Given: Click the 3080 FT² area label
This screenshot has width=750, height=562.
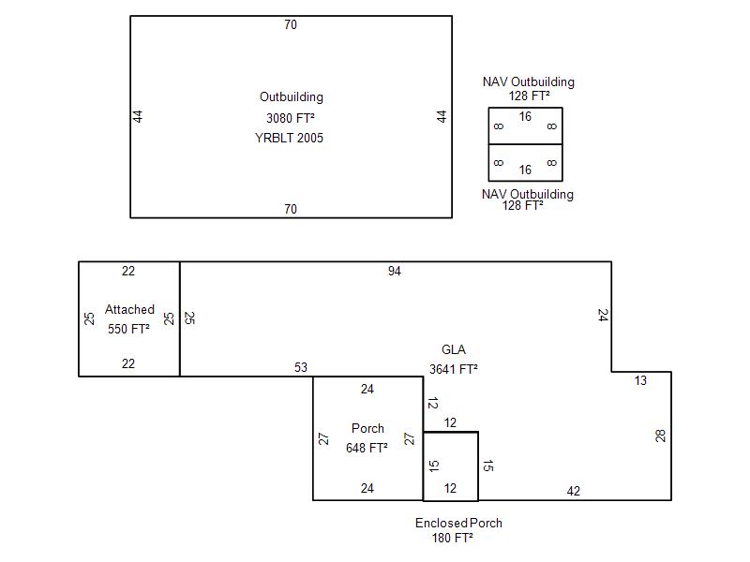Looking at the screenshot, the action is click(x=291, y=118).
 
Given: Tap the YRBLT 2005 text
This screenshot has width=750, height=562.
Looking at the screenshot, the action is click(x=289, y=138).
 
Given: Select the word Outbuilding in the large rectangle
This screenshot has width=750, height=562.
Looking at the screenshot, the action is click(x=292, y=97).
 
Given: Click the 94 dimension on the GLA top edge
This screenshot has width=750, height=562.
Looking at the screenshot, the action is click(x=394, y=272).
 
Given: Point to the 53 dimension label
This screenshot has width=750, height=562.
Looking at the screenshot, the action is click(x=301, y=367).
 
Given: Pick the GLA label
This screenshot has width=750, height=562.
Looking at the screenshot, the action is click(x=454, y=349).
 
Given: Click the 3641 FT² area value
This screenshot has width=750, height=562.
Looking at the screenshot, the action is click(x=454, y=369).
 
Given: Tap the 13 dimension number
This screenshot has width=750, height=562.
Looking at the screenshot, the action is click(x=640, y=381).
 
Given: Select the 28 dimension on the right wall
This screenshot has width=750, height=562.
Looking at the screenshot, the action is click(x=661, y=436).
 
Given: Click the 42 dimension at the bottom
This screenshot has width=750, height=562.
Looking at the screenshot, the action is click(x=574, y=491).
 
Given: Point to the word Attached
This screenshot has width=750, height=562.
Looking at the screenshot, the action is click(x=129, y=310).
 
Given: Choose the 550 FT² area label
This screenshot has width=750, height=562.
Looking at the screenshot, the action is click(x=128, y=329).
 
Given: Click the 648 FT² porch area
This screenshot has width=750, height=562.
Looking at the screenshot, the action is click(x=367, y=448).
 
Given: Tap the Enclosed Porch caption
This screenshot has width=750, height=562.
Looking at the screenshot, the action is click(x=458, y=524).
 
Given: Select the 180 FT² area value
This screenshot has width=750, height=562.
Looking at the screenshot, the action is click(x=453, y=538).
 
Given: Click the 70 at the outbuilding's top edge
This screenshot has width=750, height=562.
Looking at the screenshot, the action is click(x=291, y=25).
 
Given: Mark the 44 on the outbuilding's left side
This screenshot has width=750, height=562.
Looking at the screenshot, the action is click(x=138, y=116).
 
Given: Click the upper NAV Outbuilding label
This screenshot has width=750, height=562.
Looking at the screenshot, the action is click(x=529, y=81).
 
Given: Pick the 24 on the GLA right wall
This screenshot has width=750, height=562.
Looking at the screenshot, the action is click(x=603, y=316).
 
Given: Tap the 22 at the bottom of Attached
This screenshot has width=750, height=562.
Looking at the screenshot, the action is click(x=128, y=364).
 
